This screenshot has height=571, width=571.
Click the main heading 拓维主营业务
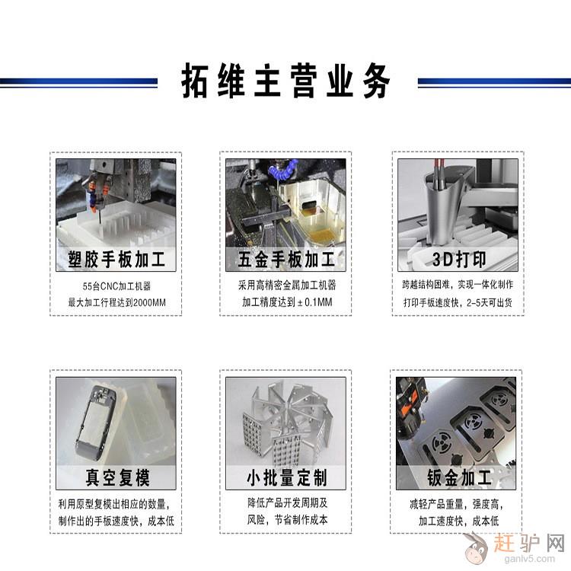[x=285, y=81]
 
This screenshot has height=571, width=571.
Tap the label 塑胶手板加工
[x=116, y=260]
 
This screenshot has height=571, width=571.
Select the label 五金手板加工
[x=285, y=260]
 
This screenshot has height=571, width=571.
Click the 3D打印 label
[x=459, y=260]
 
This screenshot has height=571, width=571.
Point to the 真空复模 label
[x=117, y=477]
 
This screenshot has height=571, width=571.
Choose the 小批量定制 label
[x=287, y=477]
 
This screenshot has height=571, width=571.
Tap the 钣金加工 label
[x=459, y=477]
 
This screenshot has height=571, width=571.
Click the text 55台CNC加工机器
[x=116, y=286]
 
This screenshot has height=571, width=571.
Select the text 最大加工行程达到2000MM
[x=116, y=302]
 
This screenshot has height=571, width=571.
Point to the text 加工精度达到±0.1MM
[x=287, y=302]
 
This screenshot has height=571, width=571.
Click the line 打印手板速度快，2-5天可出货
[x=458, y=302]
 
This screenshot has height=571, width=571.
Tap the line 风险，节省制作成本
[x=287, y=520]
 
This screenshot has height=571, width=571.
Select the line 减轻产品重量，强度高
[x=456, y=504]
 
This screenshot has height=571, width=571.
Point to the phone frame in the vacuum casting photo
[x=94, y=423]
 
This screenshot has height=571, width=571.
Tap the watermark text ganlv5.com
[x=529, y=558]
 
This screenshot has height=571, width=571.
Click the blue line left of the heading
[x=78, y=82]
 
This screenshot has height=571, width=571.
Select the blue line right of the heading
[x=494, y=82]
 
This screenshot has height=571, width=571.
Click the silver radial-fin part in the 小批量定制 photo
[x=287, y=423]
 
